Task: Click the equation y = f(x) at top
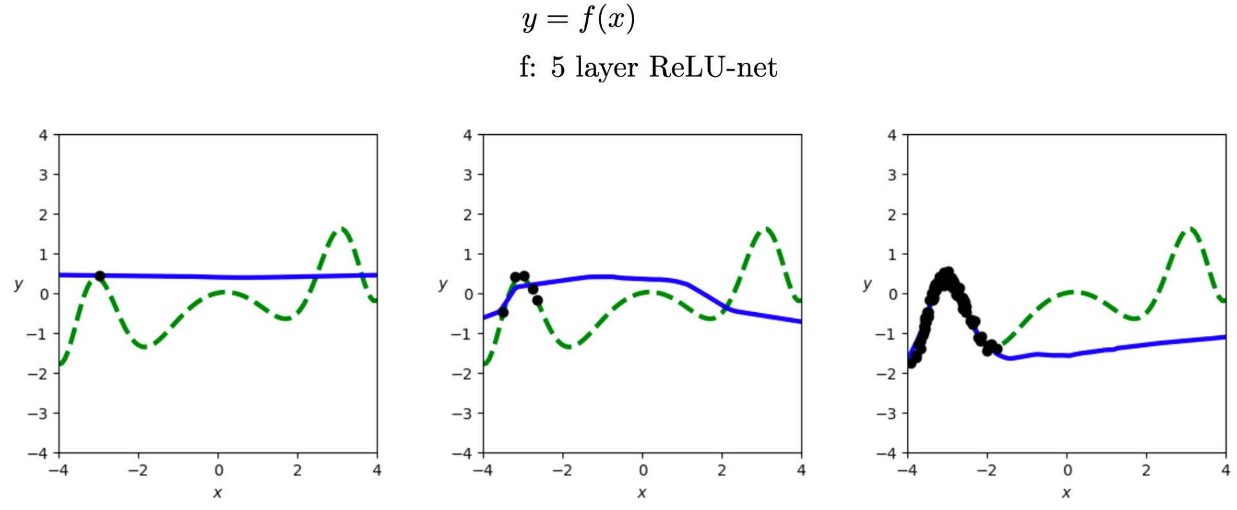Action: pos(579,19)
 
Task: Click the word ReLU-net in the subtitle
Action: pos(713,67)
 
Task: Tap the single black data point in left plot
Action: pos(100,276)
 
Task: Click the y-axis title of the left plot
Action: pos(19,284)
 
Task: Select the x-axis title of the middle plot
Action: pos(642,493)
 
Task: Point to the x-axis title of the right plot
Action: pos(1066,493)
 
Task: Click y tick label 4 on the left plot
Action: pos(43,136)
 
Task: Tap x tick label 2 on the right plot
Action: pos(1146,470)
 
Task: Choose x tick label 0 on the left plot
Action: pos(218,470)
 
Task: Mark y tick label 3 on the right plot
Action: pos(891,175)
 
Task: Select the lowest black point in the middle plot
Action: pos(503,313)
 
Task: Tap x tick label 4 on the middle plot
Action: pos(801,470)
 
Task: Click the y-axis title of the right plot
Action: pos(868,284)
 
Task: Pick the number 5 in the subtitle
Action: pos(557,67)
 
